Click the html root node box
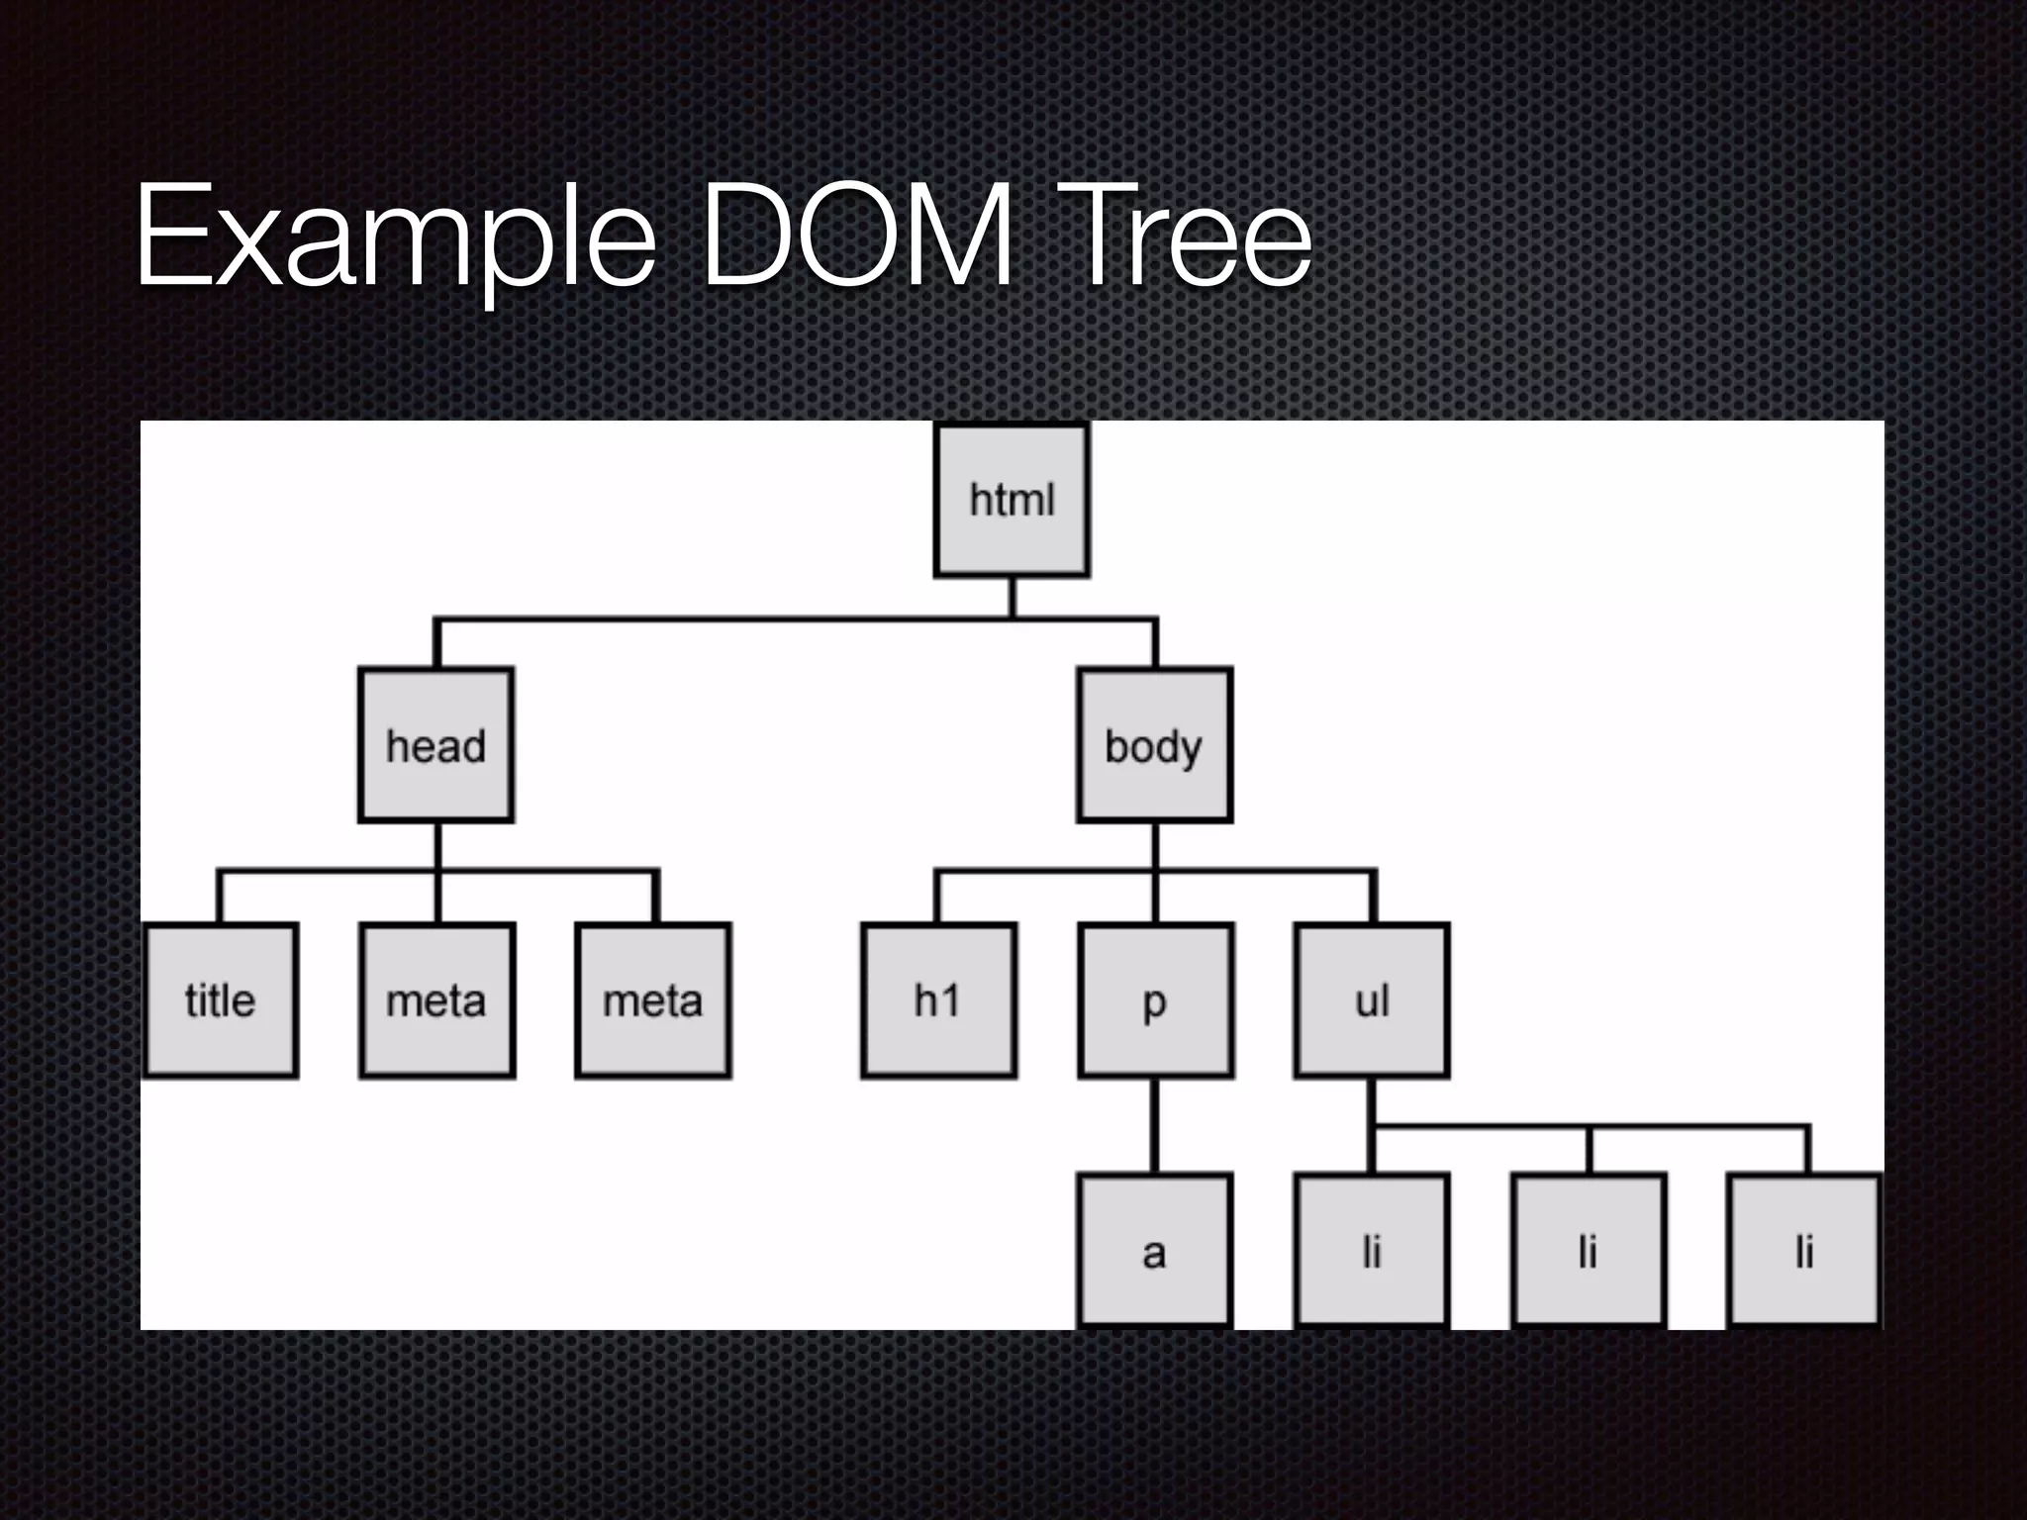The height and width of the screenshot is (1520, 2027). tap(1012, 501)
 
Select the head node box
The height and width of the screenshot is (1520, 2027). tap(436, 745)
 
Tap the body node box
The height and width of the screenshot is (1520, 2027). tap(1155, 745)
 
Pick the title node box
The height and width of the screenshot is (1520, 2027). tap(221, 999)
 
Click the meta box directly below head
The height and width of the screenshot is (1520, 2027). tap(436, 999)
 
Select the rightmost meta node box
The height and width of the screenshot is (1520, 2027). tap(653, 999)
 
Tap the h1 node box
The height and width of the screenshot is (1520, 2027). tap(938, 999)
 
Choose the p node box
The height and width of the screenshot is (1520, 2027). tap(1155, 999)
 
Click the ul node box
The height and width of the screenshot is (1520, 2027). tap(1372, 999)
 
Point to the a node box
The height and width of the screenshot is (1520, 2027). tap(1155, 1251)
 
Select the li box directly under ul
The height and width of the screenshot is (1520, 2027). tap(1372, 1251)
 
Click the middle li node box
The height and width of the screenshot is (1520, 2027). tap(1589, 1251)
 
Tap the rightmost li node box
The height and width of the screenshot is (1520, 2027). tap(1804, 1251)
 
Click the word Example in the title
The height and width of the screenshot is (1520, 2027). tap(396, 237)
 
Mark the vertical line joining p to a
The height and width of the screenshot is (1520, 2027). tap(1155, 1125)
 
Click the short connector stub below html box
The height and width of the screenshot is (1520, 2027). tap(1012, 597)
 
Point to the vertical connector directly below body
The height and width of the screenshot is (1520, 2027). tap(1155, 846)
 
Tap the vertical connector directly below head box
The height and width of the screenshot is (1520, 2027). tap(437, 846)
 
